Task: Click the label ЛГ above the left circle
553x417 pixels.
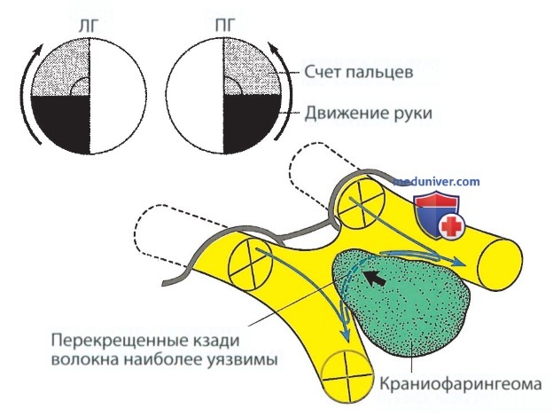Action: point(88,26)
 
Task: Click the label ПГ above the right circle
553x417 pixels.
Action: point(225,26)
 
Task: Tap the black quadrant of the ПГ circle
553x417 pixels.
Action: point(251,120)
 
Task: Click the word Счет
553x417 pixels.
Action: point(322,73)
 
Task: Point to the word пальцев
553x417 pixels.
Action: point(378,73)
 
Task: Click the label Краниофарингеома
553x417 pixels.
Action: point(460,384)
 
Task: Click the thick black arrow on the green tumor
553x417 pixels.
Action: point(375,278)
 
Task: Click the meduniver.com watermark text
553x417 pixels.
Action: point(437,182)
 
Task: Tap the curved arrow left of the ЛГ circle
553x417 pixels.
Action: point(27,94)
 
